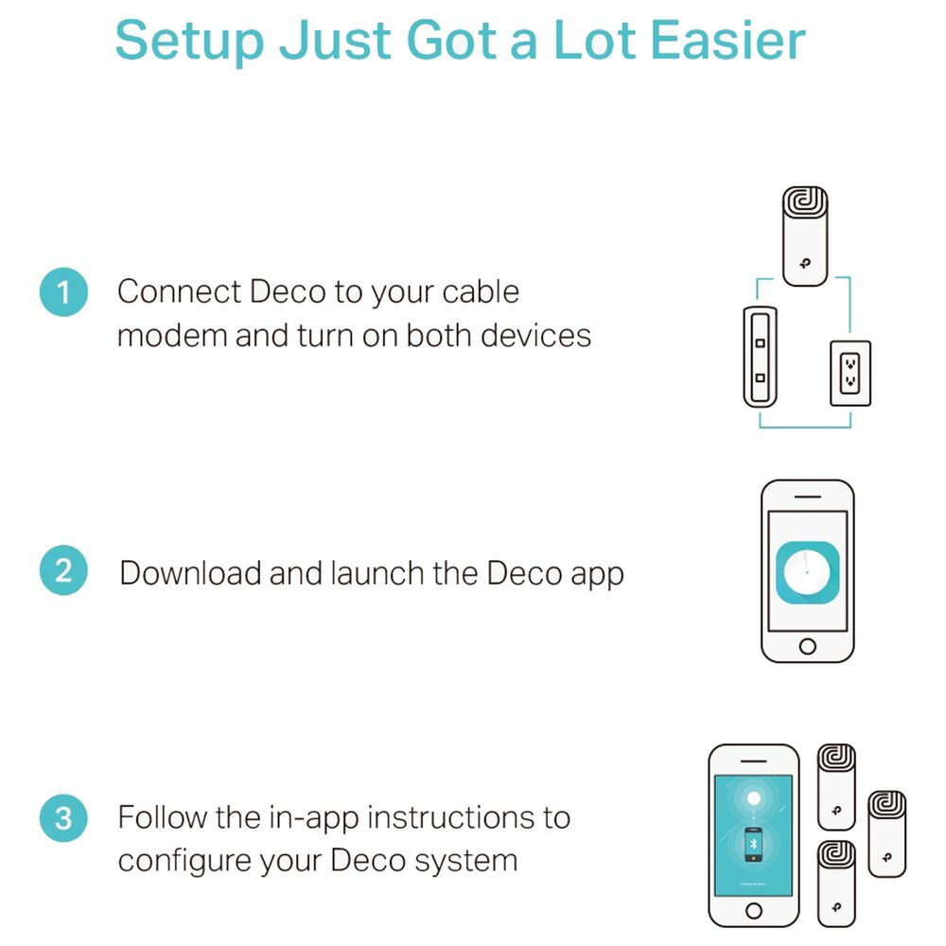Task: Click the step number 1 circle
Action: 63,292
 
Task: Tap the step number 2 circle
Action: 63,570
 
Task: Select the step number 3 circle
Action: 63,818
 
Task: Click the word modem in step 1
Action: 172,336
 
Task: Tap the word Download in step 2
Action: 190,572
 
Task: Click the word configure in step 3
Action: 184,861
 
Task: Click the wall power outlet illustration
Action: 850,374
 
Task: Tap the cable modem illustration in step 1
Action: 761,358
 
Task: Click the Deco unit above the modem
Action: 805,236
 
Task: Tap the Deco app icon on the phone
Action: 807,572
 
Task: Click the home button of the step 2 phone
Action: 807,647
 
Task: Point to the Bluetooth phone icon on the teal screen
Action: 753,844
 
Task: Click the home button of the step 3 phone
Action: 754,910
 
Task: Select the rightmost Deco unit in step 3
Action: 887,833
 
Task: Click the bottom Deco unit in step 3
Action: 836,884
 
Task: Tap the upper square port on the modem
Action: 761,343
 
